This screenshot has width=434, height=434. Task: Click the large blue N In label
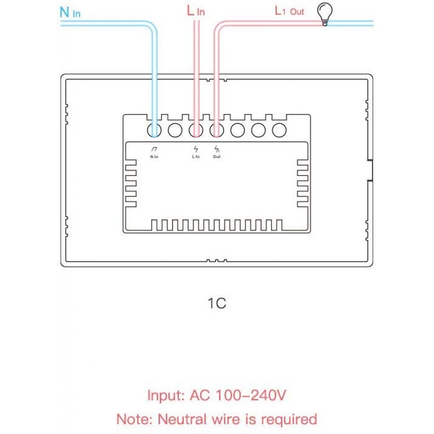(x=70, y=12)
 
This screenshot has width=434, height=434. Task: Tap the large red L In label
(x=195, y=11)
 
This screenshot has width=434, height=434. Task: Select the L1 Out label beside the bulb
(x=289, y=11)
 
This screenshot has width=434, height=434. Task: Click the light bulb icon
(x=325, y=15)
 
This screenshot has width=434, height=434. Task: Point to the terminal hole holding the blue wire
(x=154, y=130)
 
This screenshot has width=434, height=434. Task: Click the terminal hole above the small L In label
(x=196, y=130)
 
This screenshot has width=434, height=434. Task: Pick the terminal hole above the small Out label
(x=217, y=130)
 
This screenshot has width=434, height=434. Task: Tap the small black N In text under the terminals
(x=154, y=157)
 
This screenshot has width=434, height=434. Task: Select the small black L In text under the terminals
(x=195, y=157)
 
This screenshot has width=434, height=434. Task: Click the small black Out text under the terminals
(x=217, y=157)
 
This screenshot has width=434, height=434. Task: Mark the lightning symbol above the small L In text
(x=195, y=149)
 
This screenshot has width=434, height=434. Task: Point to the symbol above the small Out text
(x=217, y=149)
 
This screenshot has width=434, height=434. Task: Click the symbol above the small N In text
(x=154, y=149)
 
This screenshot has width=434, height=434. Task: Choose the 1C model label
(x=217, y=303)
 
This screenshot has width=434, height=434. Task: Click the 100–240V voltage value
(x=251, y=395)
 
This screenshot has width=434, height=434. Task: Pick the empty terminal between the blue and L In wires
(x=175, y=130)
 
